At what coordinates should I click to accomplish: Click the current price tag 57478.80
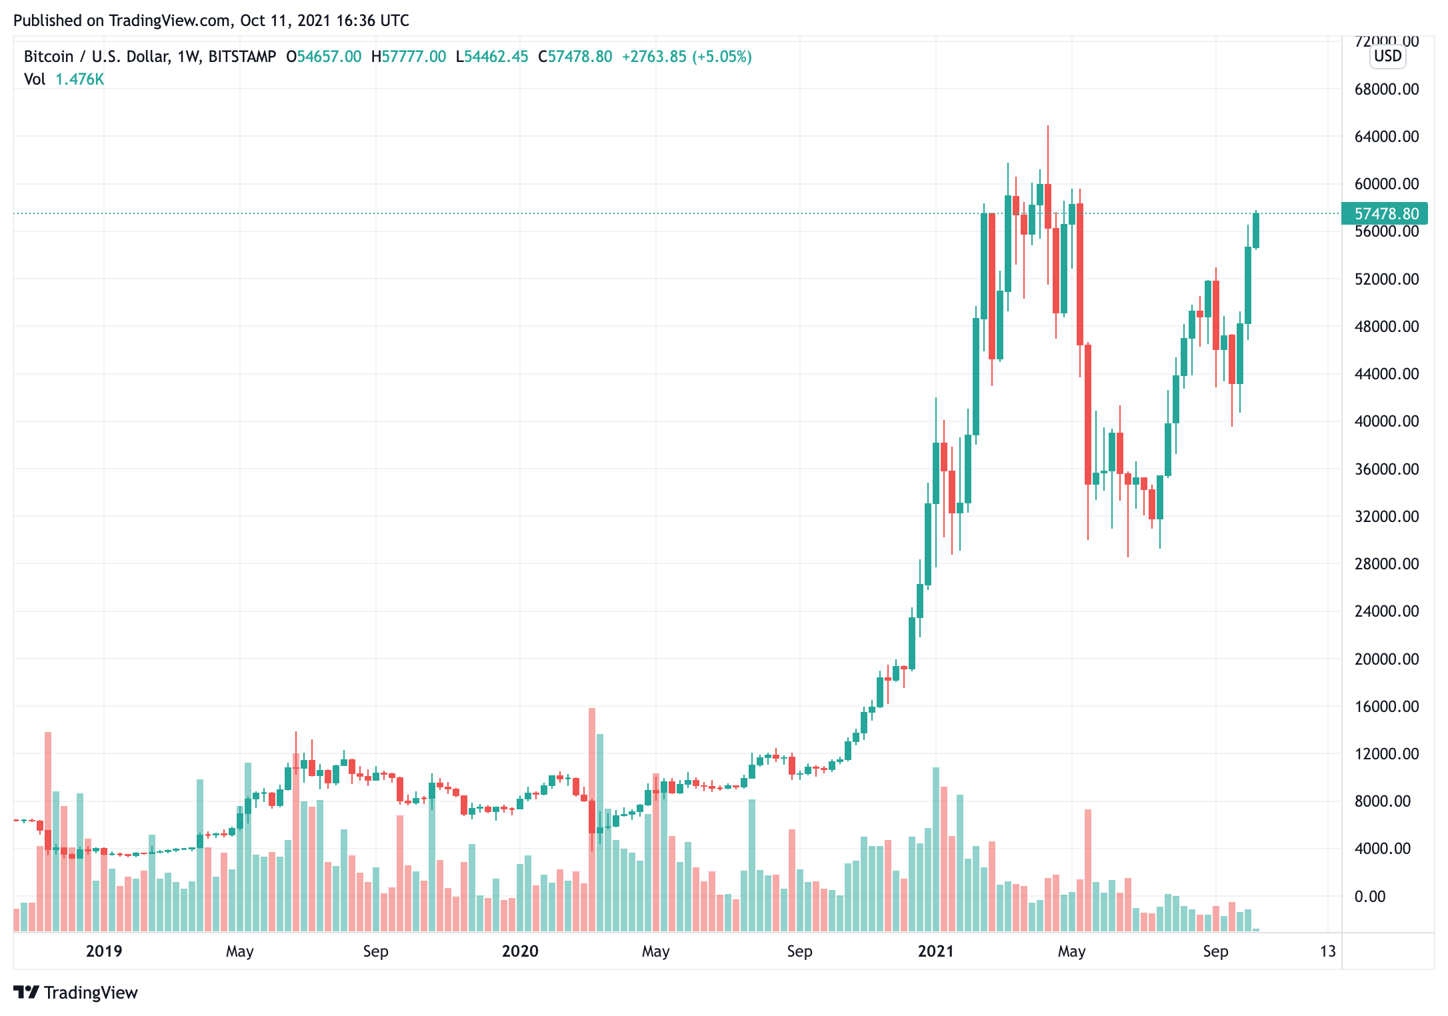point(1385,214)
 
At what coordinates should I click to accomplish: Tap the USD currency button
point(1388,56)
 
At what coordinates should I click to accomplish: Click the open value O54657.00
point(324,57)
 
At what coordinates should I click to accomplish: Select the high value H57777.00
point(409,57)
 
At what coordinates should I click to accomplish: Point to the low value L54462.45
point(492,57)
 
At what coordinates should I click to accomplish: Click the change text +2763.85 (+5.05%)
point(687,57)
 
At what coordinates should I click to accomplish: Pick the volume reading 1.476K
point(79,79)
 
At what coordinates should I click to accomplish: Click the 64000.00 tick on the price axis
point(1386,137)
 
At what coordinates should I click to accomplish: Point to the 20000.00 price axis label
point(1386,659)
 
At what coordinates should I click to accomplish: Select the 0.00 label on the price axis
point(1369,897)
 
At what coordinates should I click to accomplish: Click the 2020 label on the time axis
point(520,951)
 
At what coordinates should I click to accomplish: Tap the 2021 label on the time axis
point(935,951)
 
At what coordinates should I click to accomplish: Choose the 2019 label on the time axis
point(104,951)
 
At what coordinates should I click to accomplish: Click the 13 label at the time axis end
point(1327,951)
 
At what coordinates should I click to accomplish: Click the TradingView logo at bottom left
point(75,993)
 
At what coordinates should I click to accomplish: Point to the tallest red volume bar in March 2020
point(592,820)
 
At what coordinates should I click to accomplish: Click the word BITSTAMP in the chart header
point(242,57)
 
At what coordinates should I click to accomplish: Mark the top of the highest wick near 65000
point(1048,127)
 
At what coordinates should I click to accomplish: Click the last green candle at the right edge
point(1256,230)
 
